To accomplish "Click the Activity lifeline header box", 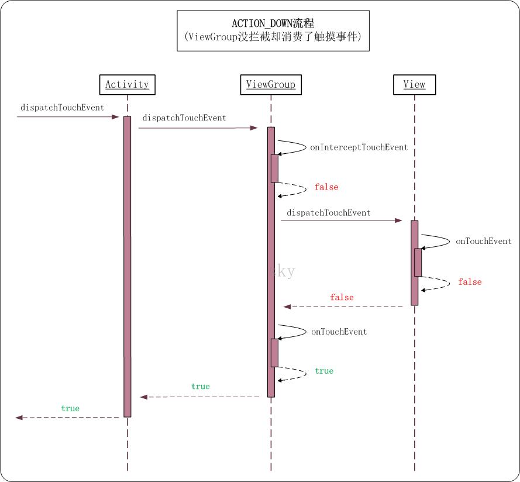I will pyautogui.click(x=127, y=84).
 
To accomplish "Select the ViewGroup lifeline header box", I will pyautogui.click(x=270, y=84).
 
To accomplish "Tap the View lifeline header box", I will pyautogui.click(x=414, y=84).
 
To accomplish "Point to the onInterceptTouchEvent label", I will pyautogui.click(x=359, y=147).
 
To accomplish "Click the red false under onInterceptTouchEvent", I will pyautogui.click(x=326, y=187).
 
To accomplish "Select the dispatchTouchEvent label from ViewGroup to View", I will pyautogui.click(x=328, y=213).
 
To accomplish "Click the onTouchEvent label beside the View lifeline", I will pyautogui.click(x=484, y=241).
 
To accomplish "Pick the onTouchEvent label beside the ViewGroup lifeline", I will pyautogui.click(x=339, y=332).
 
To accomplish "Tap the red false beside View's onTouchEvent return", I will pyautogui.click(x=470, y=282).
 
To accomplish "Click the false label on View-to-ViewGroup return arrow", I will pyautogui.click(x=342, y=298).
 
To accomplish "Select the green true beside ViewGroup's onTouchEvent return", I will pyautogui.click(x=324, y=371).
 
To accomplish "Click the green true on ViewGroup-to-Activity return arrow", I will pyautogui.click(x=200, y=387).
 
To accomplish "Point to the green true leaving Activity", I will pyautogui.click(x=70, y=408).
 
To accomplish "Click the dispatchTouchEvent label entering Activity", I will pyautogui.click(x=62, y=108).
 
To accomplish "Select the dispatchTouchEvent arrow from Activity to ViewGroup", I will pyautogui.click(x=198, y=128).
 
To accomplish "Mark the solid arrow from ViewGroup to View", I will pyautogui.click(x=342, y=221).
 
